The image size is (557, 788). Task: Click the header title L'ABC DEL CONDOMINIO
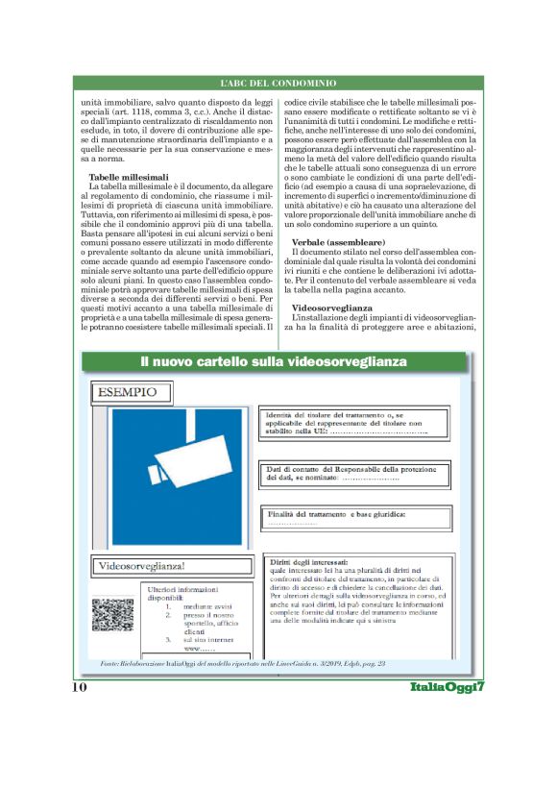tap(278, 85)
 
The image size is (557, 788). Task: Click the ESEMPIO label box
tap(126, 392)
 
